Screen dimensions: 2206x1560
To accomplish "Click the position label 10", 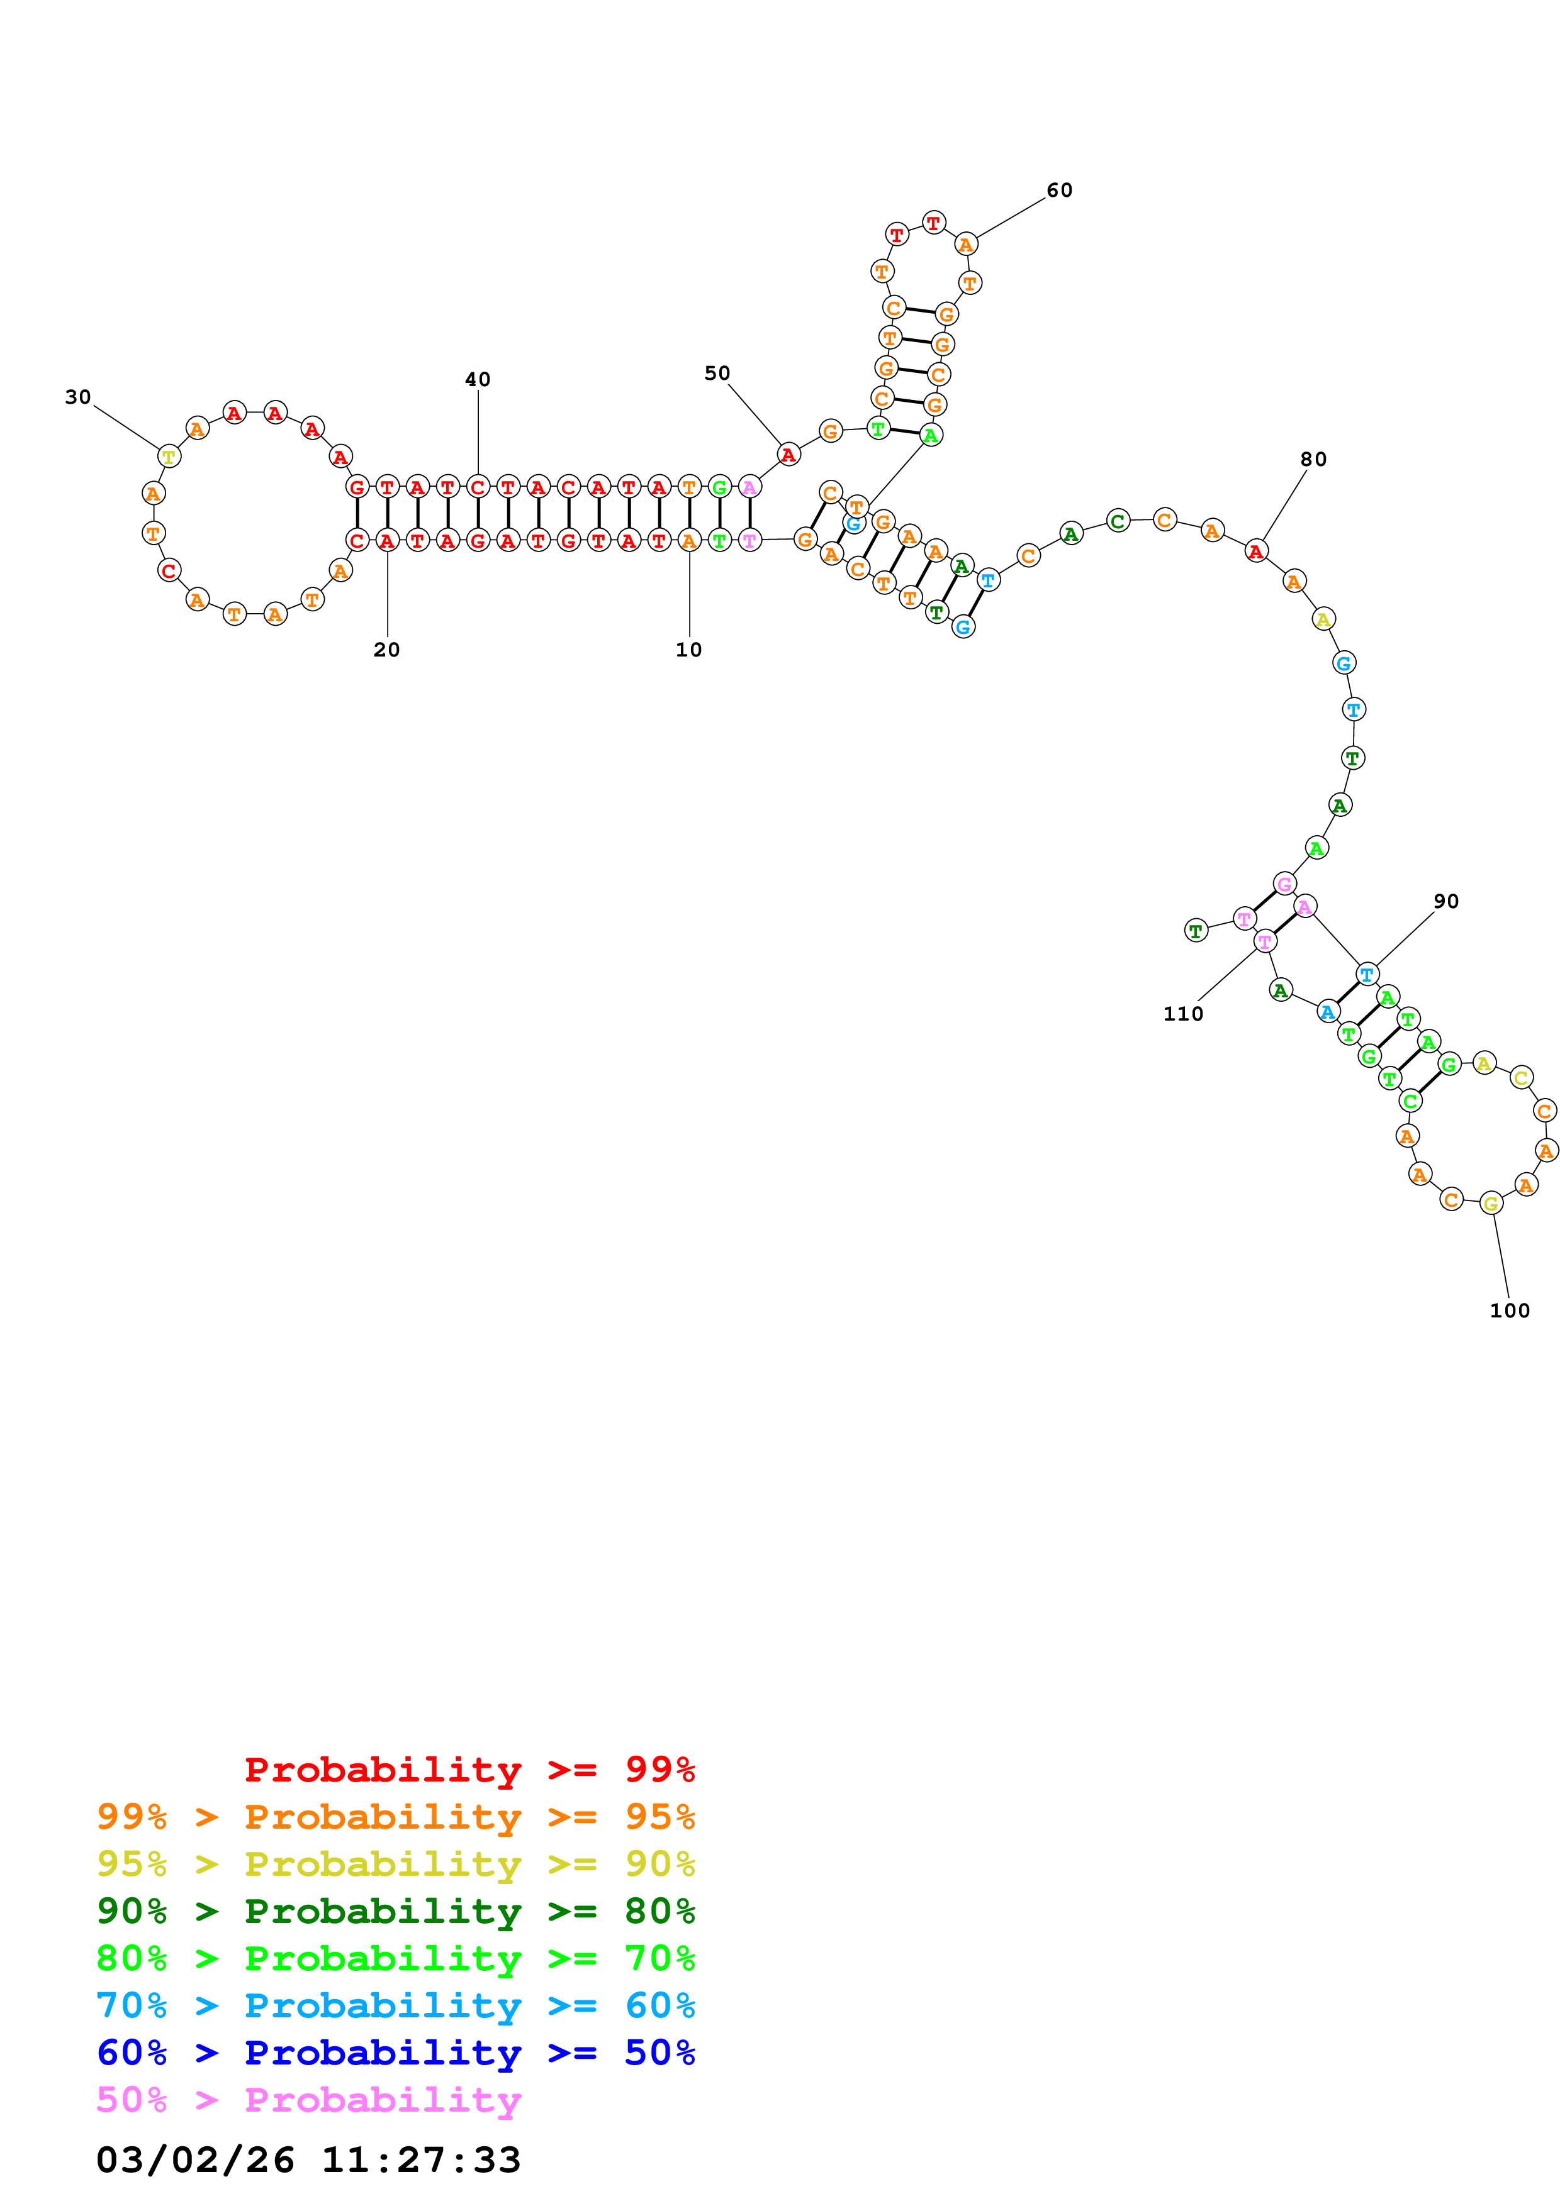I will [x=688, y=650].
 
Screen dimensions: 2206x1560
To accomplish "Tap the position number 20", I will [x=386, y=650].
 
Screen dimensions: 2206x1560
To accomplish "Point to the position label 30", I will [x=78, y=397].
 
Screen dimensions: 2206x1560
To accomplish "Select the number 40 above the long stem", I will [x=478, y=380].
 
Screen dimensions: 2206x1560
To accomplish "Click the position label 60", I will [x=1059, y=191].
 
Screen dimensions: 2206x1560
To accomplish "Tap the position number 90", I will [x=1445, y=901].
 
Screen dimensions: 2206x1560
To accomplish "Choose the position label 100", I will [x=1509, y=1311].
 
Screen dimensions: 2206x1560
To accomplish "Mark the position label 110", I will [x=1182, y=1014].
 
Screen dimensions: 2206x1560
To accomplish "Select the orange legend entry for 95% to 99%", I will [x=396, y=1816].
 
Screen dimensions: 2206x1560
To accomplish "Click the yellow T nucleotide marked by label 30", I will [x=169, y=457].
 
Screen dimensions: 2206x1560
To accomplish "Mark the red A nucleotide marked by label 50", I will [x=788, y=455].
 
